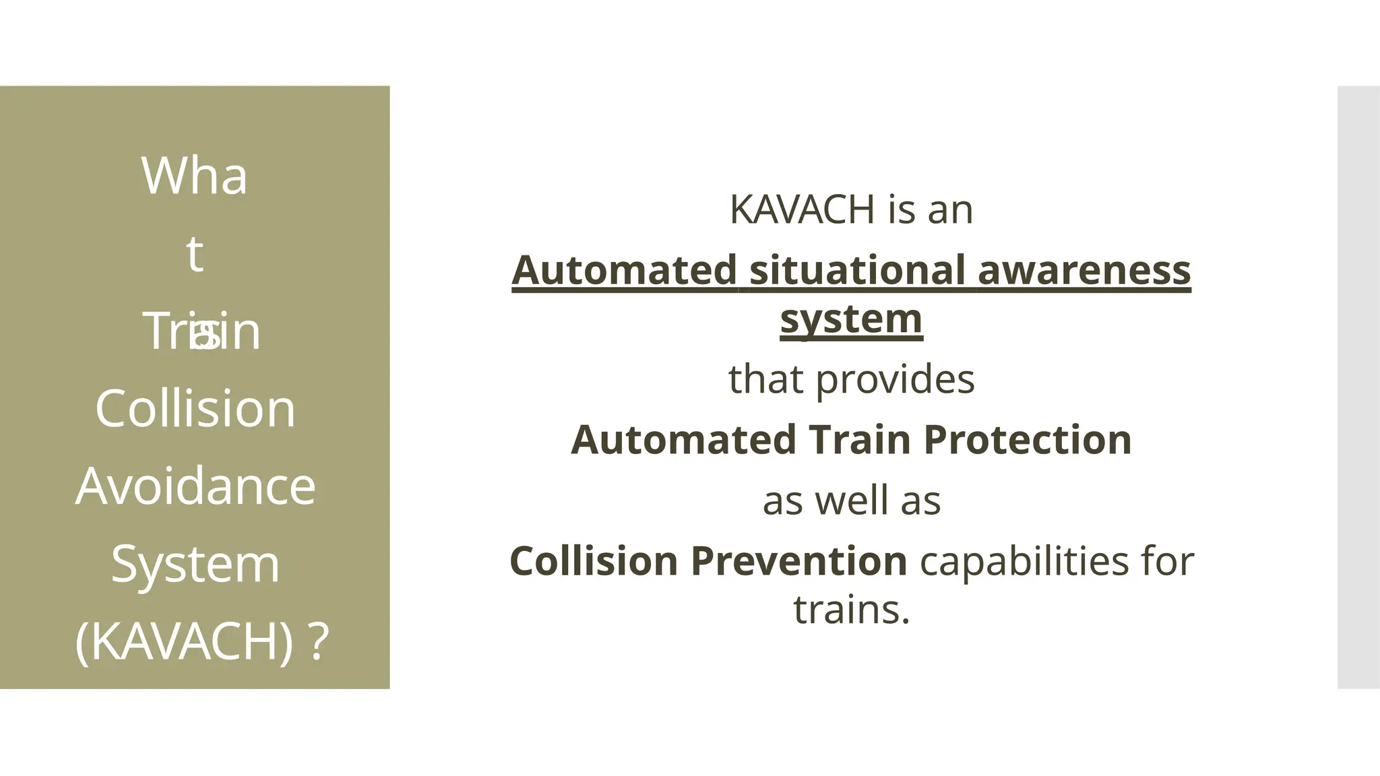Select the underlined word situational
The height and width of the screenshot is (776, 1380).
857,270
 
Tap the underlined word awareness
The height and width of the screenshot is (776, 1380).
1084,270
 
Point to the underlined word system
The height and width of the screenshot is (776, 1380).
851,319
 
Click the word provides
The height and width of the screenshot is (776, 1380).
895,379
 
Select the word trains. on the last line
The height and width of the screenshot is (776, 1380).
852,610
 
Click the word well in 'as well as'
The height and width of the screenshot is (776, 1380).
852,501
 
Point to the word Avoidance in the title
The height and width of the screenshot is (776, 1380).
195,486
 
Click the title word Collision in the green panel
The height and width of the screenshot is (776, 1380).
195,408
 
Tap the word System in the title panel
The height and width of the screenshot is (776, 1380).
195,564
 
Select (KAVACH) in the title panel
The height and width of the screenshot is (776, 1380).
184,641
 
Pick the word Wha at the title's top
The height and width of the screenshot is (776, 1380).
194,176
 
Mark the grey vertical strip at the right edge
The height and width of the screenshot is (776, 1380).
1358,387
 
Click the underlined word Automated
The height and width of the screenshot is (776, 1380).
624,270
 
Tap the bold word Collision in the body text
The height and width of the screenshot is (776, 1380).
594,561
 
